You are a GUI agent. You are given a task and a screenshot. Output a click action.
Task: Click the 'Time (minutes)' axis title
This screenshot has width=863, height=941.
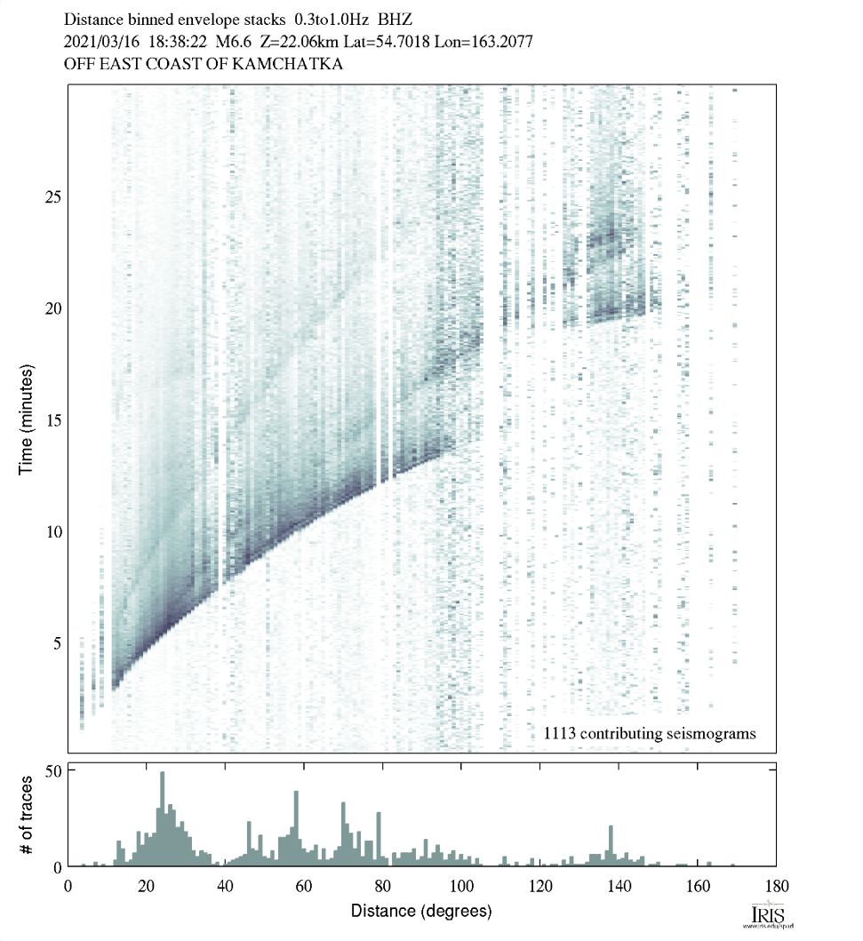pyautogui.click(x=27, y=418)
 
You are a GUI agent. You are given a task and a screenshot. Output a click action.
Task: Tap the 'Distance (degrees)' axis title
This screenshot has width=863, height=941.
pyautogui.click(x=421, y=911)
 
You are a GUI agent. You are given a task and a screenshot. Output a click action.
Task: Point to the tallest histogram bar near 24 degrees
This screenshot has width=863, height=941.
pyautogui.click(x=163, y=818)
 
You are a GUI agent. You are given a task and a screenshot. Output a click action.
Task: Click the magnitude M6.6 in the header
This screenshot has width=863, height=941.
pyautogui.click(x=234, y=41)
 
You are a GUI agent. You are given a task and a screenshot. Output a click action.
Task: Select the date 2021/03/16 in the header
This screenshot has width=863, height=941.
pyautogui.click(x=98, y=41)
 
